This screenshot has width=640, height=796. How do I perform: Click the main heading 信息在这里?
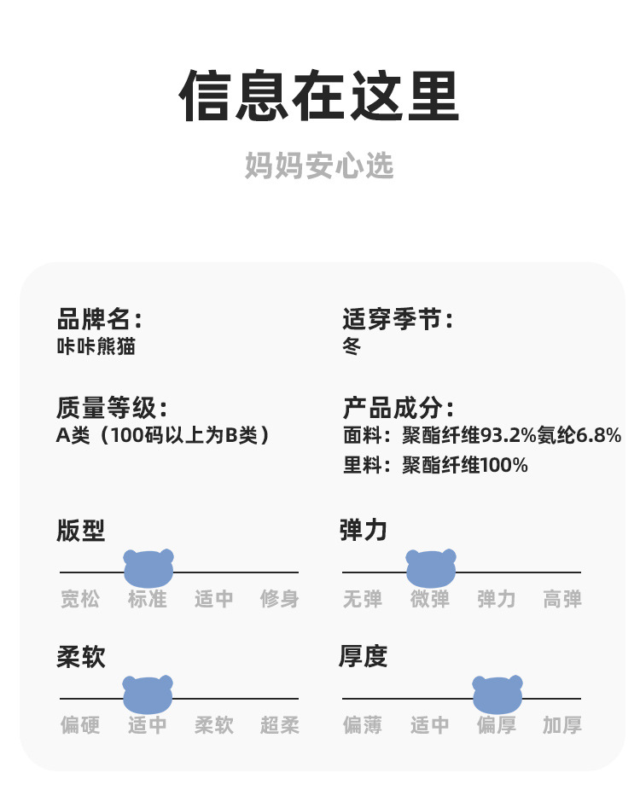point(319,96)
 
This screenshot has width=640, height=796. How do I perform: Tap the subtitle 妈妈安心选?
point(319,166)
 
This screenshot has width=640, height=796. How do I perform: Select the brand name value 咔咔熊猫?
point(96,346)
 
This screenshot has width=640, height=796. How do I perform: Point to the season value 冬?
point(352,346)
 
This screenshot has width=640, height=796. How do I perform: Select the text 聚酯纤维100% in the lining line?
point(465,465)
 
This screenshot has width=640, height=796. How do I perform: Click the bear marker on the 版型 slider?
point(148,568)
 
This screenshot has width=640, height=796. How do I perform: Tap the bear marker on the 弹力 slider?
point(431,568)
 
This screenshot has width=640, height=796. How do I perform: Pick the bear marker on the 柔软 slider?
point(148,694)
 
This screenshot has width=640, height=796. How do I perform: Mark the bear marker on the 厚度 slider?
point(497,694)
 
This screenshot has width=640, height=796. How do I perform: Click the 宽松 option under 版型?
point(80,600)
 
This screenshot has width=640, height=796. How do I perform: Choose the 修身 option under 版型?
point(280,600)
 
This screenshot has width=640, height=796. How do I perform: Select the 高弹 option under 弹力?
point(562,600)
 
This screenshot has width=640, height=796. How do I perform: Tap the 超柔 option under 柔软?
point(280,726)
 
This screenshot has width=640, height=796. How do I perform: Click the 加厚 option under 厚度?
point(562,726)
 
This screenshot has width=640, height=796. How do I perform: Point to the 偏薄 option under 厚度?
point(363,726)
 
